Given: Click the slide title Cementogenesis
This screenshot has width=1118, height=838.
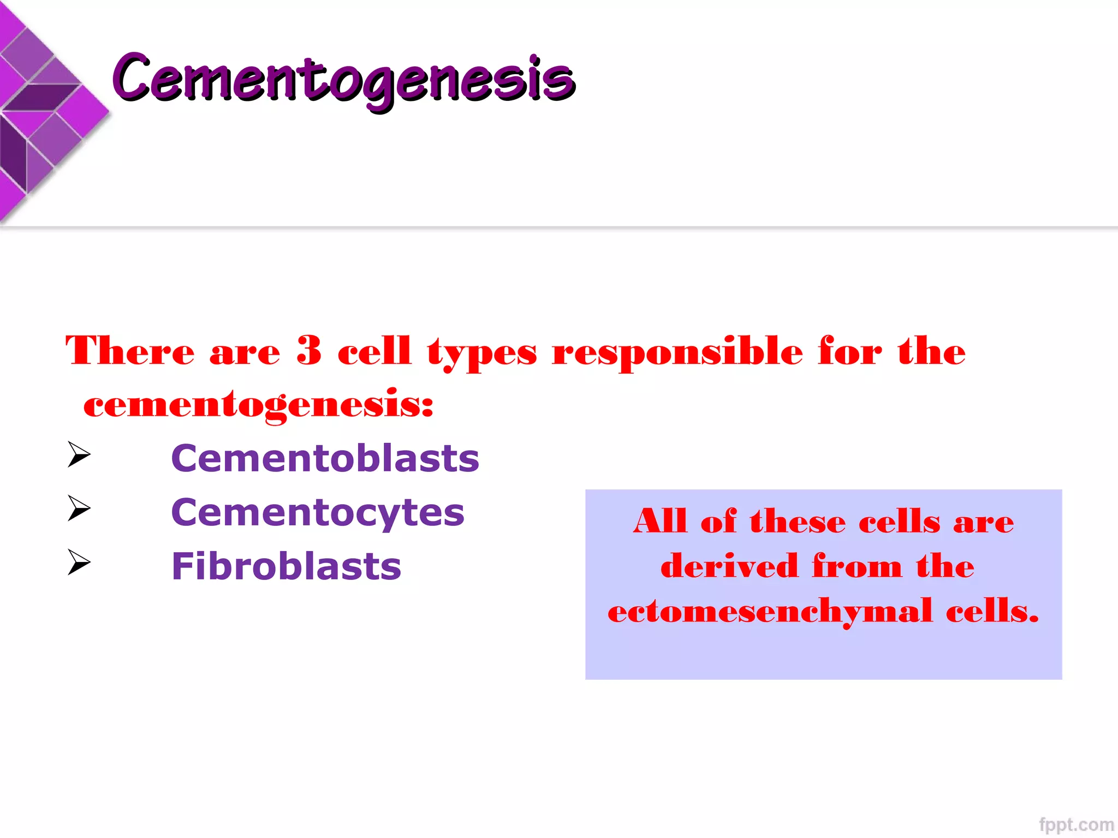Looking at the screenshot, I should click(x=344, y=79).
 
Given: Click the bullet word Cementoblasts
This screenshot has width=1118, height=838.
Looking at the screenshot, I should click(x=325, y=458).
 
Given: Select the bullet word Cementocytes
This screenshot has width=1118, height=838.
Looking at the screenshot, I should click(x=318, y=513).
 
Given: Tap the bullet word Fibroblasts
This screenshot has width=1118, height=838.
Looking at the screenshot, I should click(x=286, y=566).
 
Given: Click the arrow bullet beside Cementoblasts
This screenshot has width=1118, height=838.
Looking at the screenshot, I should click(x=79, y=454).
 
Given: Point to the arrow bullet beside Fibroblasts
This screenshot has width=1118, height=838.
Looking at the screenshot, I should click(x=79, y=562).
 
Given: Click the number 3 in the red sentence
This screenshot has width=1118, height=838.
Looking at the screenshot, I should click(x=309, y=350).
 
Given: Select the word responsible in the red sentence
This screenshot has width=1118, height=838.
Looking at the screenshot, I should click(x=677, y=352).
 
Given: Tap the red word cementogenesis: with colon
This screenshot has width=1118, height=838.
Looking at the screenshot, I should click(x=258, y=405).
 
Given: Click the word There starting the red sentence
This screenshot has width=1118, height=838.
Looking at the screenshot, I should click(x=130, y=350).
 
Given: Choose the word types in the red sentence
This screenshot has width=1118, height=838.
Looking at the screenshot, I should click(x=482, y=354).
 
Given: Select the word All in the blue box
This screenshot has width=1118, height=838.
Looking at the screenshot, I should click(x=659, y=521).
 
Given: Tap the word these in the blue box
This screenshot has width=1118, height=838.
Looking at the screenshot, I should click(x=798, y=522).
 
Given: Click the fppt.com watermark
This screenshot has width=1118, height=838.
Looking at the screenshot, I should click(x=1076, y=825).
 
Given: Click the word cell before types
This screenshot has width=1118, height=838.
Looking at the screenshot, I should click(x=374, y=350).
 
